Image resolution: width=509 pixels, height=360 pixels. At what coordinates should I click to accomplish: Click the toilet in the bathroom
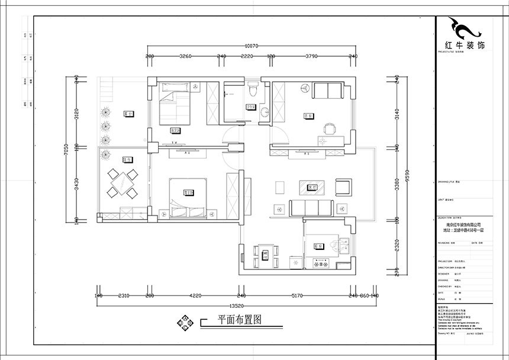tap(253, 91)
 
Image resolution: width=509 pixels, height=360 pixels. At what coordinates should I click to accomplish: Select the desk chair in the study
tap(328, 127)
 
